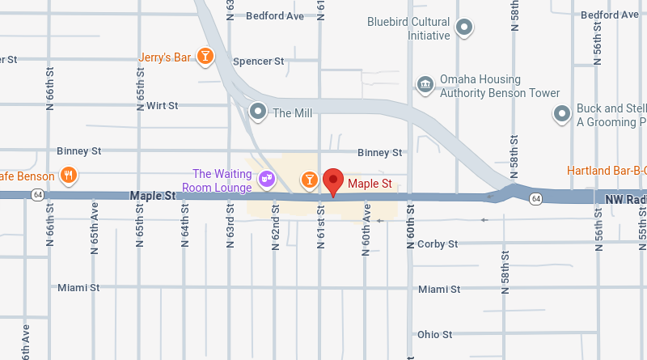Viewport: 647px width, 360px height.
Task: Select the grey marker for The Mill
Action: click(258, 111)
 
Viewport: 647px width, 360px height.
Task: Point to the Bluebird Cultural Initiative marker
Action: click(464, 28)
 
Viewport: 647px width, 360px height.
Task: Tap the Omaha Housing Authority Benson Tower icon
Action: click(425, 85)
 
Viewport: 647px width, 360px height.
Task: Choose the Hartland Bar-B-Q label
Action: click(607, 171)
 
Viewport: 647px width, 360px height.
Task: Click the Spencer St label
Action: click(259, 61)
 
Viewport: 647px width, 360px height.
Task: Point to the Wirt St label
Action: click(162, 105)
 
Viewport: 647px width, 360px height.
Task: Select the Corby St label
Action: click(438, 244)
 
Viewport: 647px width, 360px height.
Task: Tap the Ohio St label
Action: click(434, 334)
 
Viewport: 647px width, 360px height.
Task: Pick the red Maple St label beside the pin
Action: click(370, 184)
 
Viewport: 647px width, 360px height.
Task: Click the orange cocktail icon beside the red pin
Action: click(309, 179)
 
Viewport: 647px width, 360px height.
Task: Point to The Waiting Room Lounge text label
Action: click(222, 180)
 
